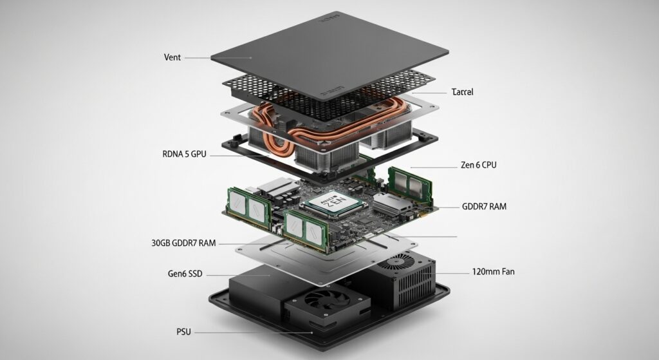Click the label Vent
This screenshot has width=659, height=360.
pyautogui.click(x=172, y=57)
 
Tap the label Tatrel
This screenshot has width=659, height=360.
pyautogui.click(x=463, y=92)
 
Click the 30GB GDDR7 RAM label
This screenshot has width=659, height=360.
pyautogui.click(x=183, y=243)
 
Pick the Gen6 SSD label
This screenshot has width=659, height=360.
pyautogui.click(x=185, y=274)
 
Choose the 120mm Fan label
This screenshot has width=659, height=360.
pyautogui.click(x=492, y=272)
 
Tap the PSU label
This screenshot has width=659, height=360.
pyautogui.click(x=183, y=332)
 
